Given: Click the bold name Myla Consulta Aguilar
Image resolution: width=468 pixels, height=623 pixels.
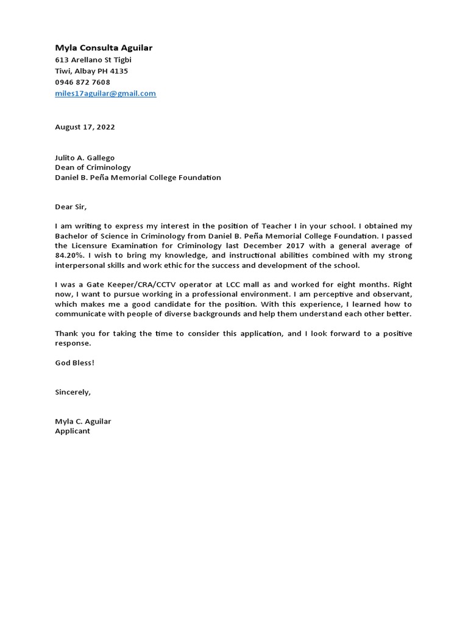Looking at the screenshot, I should (x=104, y=47).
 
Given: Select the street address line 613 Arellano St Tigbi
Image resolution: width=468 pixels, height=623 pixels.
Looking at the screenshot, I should (x=93, y=60).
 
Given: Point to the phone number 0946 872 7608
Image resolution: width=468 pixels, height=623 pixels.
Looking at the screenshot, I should (x=82, y=82).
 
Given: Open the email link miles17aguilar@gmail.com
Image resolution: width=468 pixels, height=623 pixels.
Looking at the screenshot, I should (x=105, y=93).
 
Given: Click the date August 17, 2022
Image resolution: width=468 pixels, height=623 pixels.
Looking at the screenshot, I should (x=85, y=127).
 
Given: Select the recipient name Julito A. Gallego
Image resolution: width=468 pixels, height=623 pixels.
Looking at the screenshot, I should (x=85, y=158).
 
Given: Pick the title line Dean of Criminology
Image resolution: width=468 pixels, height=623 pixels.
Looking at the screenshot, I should (x=93, y=167).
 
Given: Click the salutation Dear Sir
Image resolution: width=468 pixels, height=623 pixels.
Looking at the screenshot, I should (x=71, y=207).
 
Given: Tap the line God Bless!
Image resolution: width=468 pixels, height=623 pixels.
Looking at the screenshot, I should (x=75, y=363).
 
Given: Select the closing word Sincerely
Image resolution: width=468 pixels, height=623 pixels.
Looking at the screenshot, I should (x=73, y=392).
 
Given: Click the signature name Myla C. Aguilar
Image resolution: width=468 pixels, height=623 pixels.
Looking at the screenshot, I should (x=83, y=421).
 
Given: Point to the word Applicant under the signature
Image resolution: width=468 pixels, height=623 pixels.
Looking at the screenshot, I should (x=73, y=431).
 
